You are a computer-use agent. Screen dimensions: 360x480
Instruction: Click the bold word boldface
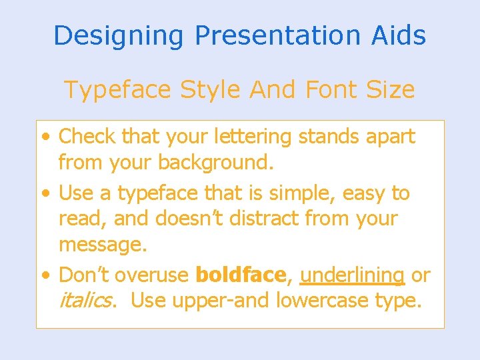[x=241, y=275]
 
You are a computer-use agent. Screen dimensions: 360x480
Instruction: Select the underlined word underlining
[x=352, y=275]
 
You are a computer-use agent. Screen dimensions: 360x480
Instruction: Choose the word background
[x=216, y=163]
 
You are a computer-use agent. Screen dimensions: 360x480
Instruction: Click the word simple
[x=303, y=193]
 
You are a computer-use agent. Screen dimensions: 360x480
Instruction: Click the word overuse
[x=160, y=275]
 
